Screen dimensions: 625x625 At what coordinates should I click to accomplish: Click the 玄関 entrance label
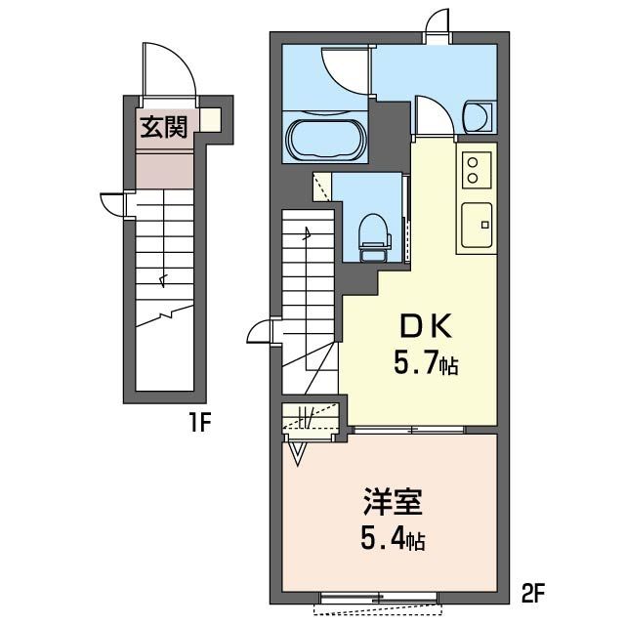pos(164,127)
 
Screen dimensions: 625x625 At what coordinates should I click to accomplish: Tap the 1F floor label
pos(199,423)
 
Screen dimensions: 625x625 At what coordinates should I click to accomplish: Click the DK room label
pos(426,327)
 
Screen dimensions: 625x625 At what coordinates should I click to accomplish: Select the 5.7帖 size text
pos(426,363)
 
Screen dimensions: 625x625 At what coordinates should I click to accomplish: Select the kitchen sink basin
pos(477,226)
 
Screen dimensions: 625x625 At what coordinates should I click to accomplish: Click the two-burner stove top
pos(477,170)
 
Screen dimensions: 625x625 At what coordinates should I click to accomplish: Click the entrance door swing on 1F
pos(169,68)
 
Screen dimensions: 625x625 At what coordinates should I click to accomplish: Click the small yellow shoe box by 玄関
pos(210,119)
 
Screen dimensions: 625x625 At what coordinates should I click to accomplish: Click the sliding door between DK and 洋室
pos(409,430)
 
